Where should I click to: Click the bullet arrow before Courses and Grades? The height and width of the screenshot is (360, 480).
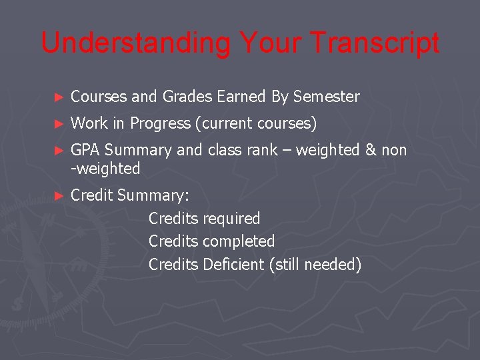59,97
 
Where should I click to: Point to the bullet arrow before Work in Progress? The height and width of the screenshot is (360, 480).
59,124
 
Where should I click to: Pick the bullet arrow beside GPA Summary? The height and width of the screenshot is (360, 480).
59,151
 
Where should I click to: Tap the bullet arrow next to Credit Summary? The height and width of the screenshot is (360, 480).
59,196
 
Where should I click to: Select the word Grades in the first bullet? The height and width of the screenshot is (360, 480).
186,97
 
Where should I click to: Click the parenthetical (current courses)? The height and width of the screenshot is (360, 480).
256,124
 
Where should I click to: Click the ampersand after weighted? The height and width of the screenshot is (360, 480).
371,151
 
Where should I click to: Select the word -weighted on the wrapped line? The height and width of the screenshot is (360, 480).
105,169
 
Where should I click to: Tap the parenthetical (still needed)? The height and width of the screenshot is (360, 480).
315,265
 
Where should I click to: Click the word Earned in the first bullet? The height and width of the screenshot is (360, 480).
243,97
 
